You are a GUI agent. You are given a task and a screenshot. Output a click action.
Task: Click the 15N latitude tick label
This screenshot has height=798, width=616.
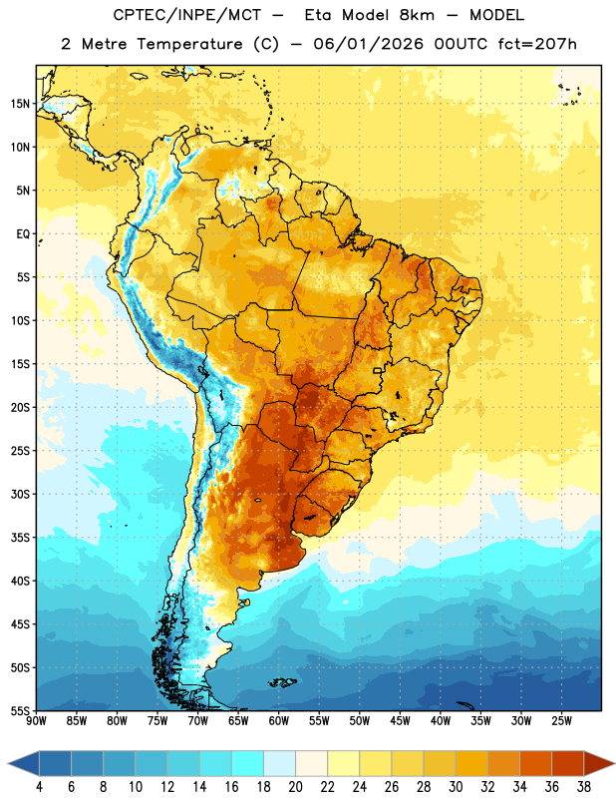(x=20, y=104)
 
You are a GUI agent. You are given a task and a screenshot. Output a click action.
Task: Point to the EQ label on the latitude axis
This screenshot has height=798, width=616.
(x=23, y=234)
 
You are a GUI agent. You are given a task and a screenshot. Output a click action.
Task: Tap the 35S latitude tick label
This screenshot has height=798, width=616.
(x=20, y=538)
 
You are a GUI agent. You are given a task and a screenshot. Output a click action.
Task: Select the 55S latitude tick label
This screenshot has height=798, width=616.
(x=20, y=711)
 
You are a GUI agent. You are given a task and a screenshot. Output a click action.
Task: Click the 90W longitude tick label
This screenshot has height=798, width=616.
(x=36, y=721)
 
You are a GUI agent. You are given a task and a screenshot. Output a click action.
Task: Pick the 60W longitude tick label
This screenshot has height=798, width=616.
(x=279, y=721)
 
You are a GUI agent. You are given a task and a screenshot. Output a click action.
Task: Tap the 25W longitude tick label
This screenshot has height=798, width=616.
(x=561, y=721)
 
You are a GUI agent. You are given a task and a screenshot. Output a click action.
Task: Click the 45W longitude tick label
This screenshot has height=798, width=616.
(x=400, y=721)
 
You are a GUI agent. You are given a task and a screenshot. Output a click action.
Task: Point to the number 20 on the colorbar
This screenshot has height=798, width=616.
(x=295, y=787)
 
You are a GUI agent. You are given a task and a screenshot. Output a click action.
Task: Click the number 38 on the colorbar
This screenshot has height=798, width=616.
(x=584, y=787)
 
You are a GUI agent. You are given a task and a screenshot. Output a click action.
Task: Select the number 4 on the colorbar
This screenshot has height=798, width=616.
(x=39, y=787)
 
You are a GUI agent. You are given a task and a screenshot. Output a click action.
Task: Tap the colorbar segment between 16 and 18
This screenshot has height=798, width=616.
(x=248, y=763)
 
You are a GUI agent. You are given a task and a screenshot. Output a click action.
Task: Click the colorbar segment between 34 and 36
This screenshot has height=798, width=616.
(x=536, y=763)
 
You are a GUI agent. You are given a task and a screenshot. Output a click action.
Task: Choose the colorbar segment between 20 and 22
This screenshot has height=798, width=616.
(x=312, y=763)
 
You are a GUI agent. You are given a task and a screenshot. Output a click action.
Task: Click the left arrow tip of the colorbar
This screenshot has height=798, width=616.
(x=8, y=763)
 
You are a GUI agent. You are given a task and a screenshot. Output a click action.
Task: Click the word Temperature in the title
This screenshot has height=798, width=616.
(x=189, y=45)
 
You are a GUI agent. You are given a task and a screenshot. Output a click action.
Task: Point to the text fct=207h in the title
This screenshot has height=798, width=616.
(x=537, y=44)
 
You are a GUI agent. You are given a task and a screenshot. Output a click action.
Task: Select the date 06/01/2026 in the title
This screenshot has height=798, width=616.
(x=368, y=44)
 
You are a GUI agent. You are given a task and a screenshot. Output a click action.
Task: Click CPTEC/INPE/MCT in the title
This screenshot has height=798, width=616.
(x=186, y=15)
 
